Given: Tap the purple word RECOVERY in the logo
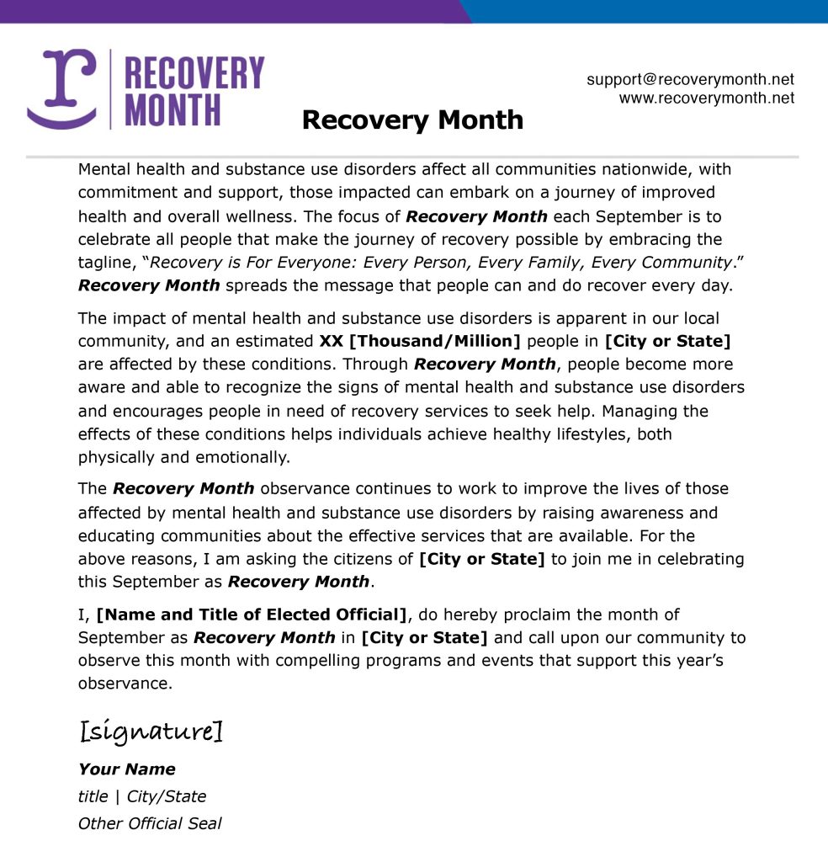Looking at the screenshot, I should tap(194, 72).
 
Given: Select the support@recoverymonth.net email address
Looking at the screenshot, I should tap(690, 79).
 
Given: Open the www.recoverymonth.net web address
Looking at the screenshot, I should tap(707, 98).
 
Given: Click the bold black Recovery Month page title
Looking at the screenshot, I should tap(412, 120).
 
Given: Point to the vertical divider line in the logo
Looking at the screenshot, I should tap(110, 88).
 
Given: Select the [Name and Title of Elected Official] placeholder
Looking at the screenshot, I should tap(252, 615).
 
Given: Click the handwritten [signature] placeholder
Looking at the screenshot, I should tap(151, 731).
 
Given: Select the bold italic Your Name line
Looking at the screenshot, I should tap(127, 769).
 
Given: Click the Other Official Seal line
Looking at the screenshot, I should tap(150, 823).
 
